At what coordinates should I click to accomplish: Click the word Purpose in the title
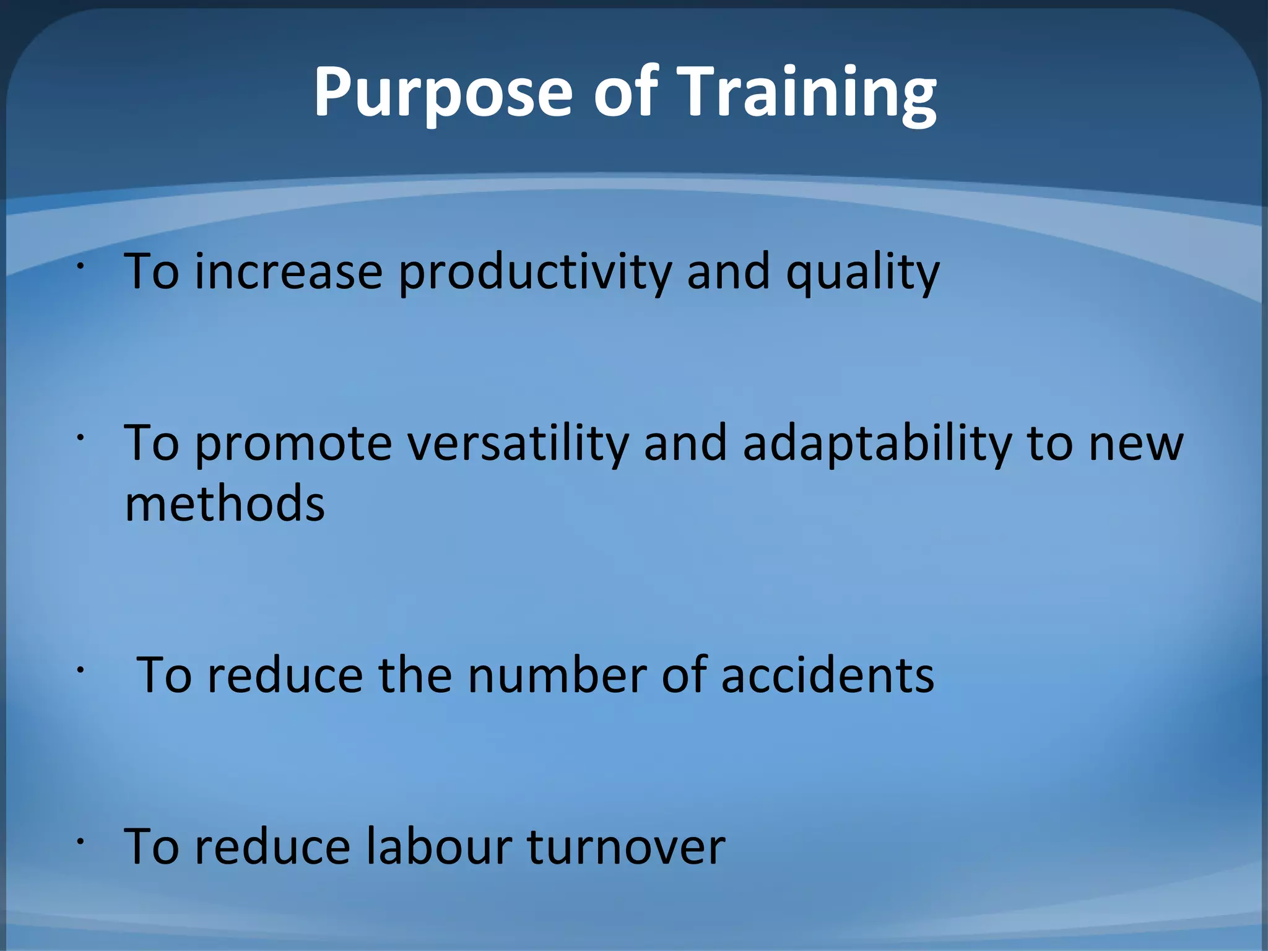pyautogui.click(x=443, y=93)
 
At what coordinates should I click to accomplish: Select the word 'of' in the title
pyautogui.click(x=625, y=93)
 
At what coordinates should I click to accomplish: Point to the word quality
pyautogui.click(x=862, y=272)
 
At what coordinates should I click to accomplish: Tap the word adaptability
pyautogui.click(x=877, y=443)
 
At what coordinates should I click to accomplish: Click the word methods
pyautogui.click(x=225, y=503)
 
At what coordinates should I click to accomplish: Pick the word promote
pyautogui.click(x=293, y=445)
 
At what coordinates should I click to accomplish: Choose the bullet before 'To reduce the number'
pyautogui.click(x=80, y=669)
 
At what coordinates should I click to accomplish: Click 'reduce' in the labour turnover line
pyautogui.click(x=272, y=846)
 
